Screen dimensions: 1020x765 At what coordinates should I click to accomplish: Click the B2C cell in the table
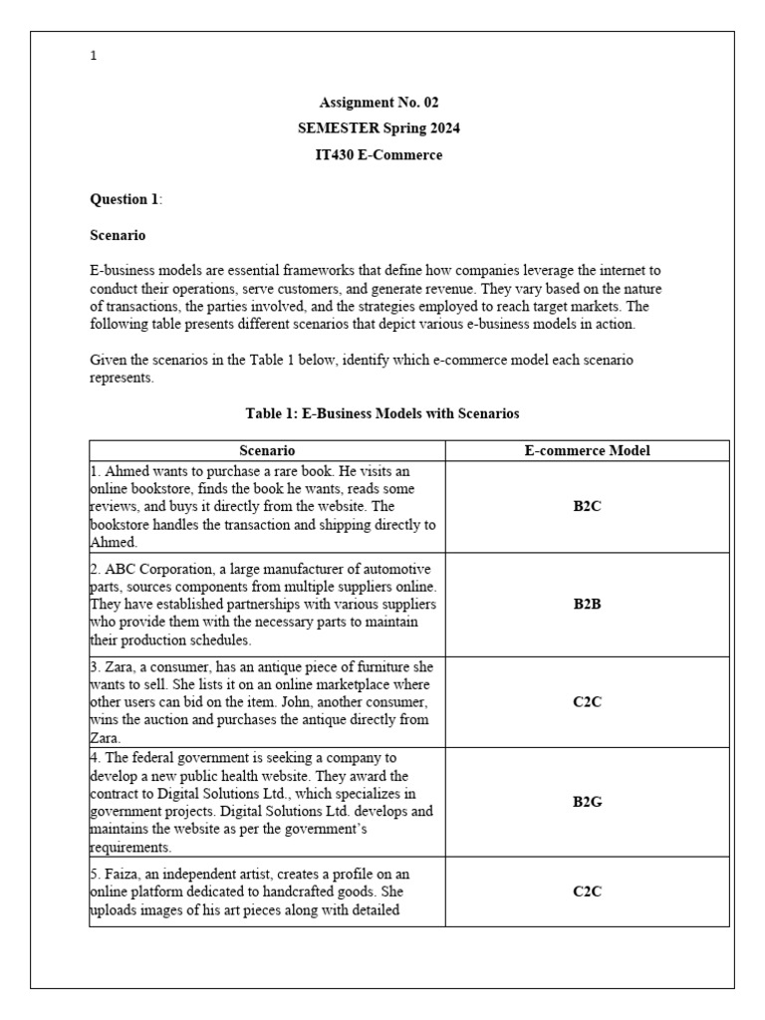[x=587, y=506]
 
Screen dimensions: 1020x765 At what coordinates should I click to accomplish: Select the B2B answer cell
[x=587, y=604]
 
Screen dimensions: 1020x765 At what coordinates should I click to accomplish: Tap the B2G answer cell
[x=587, y=801]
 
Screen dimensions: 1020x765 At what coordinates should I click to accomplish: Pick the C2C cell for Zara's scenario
[x=587, y=701]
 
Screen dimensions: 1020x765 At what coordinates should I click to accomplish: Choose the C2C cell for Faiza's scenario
[x=587, y=892]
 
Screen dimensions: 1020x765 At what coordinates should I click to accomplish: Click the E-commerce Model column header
[x=587, y=450]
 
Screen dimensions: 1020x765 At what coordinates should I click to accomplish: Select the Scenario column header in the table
[x=267, y=450]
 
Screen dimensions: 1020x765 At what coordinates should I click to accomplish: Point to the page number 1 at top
[x=94, y=56]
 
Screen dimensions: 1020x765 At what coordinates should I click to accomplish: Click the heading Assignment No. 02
[x=379, y=103]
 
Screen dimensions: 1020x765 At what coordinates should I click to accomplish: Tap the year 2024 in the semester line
[x=443, y=128]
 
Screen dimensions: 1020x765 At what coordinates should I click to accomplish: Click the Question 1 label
[x=125, y=199]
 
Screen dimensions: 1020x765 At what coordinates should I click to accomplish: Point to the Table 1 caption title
[x=382, y=412]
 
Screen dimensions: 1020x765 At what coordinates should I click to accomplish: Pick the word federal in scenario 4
[x=152, y=757]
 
